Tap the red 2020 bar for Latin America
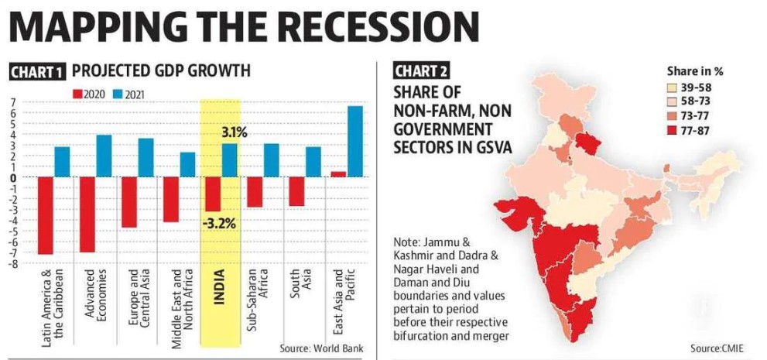[45, 215]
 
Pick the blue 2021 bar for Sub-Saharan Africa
[271, 160]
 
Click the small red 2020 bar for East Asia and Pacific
[339, 174]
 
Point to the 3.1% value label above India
[233, 133]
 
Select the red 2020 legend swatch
[77, 94]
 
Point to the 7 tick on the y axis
[13, 102]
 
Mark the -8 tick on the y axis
[12, 263]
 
